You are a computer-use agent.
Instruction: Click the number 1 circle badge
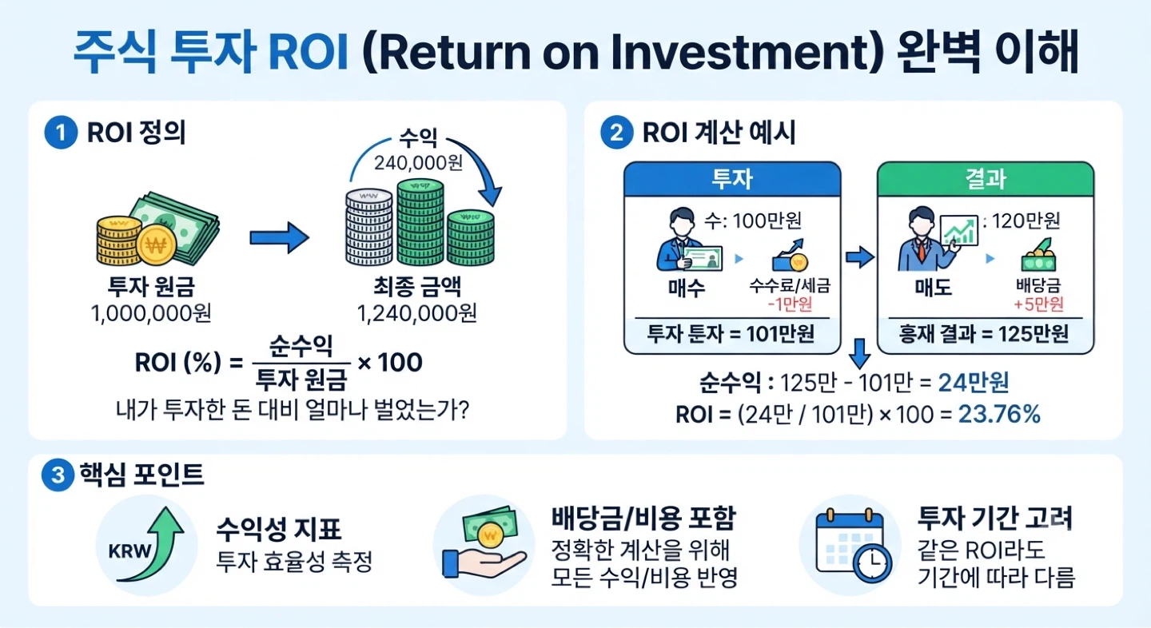click(61, 133)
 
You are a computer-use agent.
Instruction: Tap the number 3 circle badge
click(58, 475)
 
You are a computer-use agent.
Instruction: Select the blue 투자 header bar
click(732, 179)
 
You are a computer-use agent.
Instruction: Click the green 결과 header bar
click(986, 179)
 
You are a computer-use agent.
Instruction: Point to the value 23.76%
click(999, 414)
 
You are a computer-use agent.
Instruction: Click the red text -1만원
click(791, 304)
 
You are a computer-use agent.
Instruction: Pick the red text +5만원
click(1038, 304)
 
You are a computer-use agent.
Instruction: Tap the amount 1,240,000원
click(417, 312)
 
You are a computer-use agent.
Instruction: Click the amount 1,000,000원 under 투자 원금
click(151, 312)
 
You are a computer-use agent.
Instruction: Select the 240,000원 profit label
click(418, 163)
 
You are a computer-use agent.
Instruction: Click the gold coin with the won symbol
click(157, 245)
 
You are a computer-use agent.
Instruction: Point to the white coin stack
click(369, 227)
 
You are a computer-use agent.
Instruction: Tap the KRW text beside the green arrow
click(130, 551)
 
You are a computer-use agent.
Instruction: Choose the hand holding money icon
click(484, 543)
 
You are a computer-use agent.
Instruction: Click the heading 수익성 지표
click(278, 529)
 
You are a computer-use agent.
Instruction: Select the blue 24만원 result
click(974, 383)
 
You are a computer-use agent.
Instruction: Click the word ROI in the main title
click(309, 52)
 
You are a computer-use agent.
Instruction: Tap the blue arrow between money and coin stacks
click(280, 238)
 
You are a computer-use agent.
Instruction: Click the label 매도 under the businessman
click(933, 288)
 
